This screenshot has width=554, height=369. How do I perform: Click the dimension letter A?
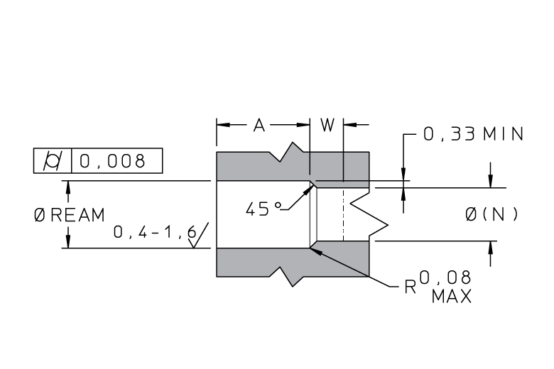point(259,125)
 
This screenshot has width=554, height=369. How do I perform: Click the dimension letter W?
point(327,125)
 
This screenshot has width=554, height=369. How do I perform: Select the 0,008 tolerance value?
point(112,161)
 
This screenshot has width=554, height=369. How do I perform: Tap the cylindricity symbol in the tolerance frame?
point(53,160)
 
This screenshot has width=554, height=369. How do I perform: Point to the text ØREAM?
point(70,215)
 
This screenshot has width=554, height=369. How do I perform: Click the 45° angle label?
point(264,209)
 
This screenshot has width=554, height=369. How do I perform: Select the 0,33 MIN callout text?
point(474,134)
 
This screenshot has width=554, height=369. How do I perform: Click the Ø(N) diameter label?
point(491,214)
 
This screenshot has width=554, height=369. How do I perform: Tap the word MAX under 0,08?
point(452,296)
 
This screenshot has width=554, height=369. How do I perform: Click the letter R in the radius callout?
point(411,287)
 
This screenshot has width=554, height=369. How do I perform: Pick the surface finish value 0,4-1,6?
point(154,232)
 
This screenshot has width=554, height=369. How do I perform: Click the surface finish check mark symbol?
point(198,235)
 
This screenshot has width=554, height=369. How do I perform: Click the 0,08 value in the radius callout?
point(445,278)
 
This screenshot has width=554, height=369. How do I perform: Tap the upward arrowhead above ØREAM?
point(68,187)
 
